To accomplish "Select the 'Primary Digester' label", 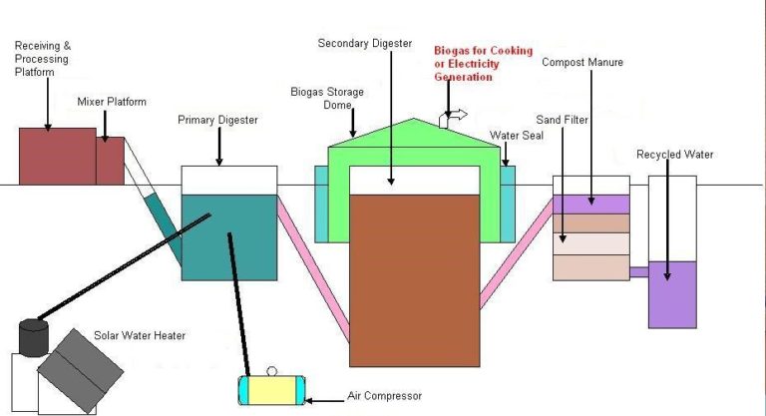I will [217, 120].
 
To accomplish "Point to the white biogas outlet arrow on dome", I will [450, 116].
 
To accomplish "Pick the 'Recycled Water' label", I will [674, 154].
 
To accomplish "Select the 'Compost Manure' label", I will [581, 62].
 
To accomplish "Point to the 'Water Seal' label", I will [516, 135].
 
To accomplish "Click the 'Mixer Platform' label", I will [112, 102].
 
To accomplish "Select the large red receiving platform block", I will [57, 157].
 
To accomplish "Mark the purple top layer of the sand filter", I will [591, 204].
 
